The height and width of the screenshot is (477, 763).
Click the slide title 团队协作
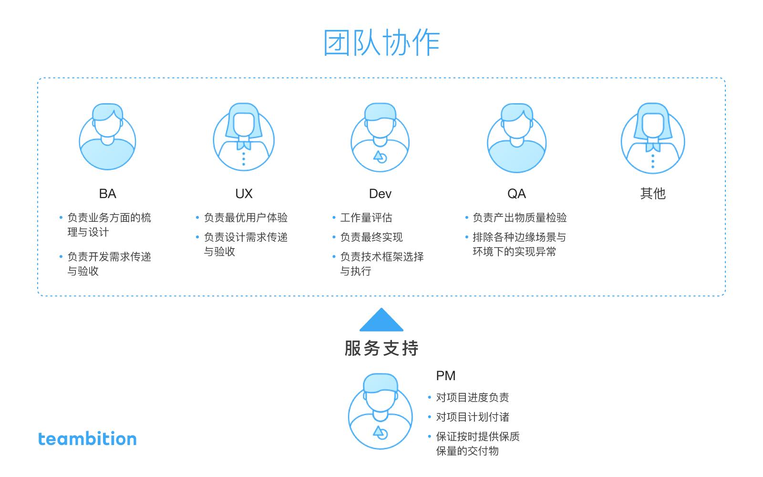click(x=381, y=42)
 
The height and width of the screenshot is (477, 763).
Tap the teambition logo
click(x=87, y=438)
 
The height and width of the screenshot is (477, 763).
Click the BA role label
click(x=108, y=194)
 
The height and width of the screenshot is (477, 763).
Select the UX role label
click(x=244, y=194)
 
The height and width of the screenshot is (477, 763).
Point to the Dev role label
click(x=380, y=194)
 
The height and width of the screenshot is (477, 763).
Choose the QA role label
click(x=517, y=194)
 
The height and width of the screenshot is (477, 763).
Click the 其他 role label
click(x=653, y=193)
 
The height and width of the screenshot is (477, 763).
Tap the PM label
click(x=445, y=375)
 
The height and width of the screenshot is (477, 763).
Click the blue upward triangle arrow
click(x=381, y=320)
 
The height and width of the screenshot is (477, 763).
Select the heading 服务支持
click(x=381, y=348)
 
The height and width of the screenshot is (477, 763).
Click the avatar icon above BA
click(x=108, y=136)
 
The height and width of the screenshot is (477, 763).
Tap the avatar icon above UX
click(x=244, y=136)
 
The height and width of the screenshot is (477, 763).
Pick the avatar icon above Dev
click(x=380, y=137)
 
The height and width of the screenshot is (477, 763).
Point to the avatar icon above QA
click(x=517, y=138)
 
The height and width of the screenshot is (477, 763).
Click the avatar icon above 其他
click(x=653, y=138)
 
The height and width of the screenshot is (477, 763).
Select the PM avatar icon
click(x=381, y=411)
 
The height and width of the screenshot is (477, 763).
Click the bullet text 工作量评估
click(x=366, y=218)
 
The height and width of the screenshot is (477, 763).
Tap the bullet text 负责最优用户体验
click(x=246, y=218)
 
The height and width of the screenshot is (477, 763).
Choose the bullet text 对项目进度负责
click(x=473, y=397)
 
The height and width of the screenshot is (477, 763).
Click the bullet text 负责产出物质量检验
click(x=520, y=218)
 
